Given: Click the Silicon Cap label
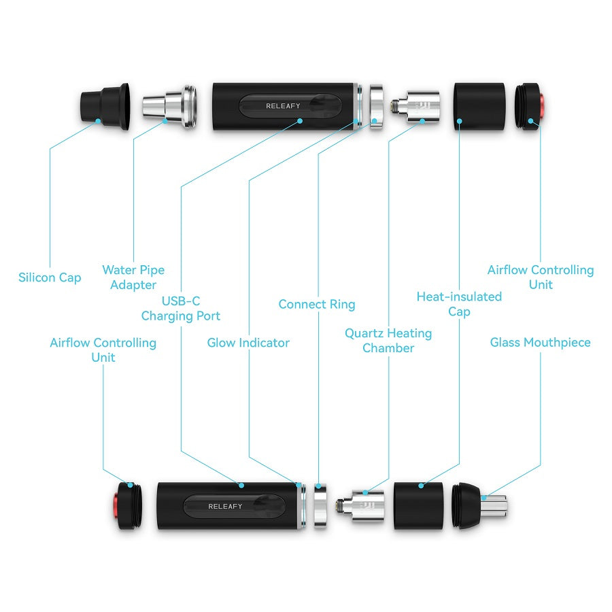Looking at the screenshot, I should [x=50, y=277].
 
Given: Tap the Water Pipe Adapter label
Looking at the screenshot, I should [x=133, y=277].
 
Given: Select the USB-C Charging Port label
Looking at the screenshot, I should [x=181, y=308].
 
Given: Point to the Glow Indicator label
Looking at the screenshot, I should [x=248, y=343].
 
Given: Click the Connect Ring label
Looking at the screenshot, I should [x=317, y=304].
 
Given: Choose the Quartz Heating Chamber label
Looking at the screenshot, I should [x=388, y=341].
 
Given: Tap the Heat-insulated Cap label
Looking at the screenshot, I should [x=459, y=304].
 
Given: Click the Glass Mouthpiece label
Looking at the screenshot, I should [x=541, y=343].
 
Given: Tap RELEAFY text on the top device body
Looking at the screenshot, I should [x=283, y=106].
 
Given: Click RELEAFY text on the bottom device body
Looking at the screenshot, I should [x=225, y=507].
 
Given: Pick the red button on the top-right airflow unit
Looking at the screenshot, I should [x=543, y=106].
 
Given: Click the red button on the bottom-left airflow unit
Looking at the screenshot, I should [x=116, y=507].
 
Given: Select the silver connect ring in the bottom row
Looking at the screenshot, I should [x=319, y=507].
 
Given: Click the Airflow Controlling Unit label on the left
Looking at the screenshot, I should [x=103, y=350].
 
